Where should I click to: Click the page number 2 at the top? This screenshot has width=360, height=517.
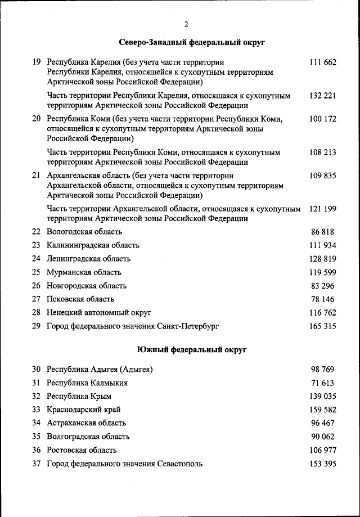pyautogui.click(x=186, y=24)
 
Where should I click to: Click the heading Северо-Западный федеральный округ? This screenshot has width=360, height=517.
pyautogui.click(x=192, y=42)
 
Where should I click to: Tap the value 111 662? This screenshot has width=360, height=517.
pyautogui.click(x=322, y=62)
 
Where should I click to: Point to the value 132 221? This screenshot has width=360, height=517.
pyautogui.click(x=322, y=96)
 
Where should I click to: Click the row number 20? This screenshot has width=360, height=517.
pyautogui.click(x=37, y=119)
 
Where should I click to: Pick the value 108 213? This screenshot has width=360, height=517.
pyautogui.click(x=322, y=152)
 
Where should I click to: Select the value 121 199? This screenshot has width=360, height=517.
pyautogui.click(x=322, y=209)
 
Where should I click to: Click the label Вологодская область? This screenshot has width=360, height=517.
pyautogui.click(x=84, y=231)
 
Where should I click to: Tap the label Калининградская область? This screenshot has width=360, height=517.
pyautogui.click(x=93, y=245)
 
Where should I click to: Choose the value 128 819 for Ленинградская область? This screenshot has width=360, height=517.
pyautogui.click(x=322, y=259)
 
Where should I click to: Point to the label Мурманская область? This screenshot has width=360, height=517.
pyautogui.click(x=84, y=272)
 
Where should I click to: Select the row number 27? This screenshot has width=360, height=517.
pyautogui.click(x=37, y=299)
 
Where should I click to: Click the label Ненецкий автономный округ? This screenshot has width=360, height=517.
pyautogui.click(x=99, y=312)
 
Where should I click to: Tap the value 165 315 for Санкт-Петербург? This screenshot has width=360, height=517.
pyautogui.click(x=322, y=326)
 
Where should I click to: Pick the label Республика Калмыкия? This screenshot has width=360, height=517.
pyautogui.click(x=87, y=383)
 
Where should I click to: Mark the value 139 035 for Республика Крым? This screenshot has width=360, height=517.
pyautogui.click(x=322, y=396)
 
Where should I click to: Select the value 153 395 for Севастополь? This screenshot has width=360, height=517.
pyautogui.click(x=322, y=464)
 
